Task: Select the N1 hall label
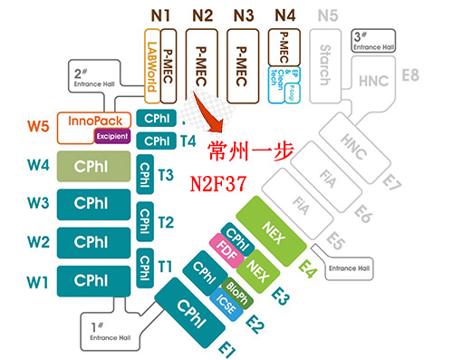[x=159, y=15]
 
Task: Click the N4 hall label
[x=285, y=15]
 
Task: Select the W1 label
[x=37, y=282]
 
